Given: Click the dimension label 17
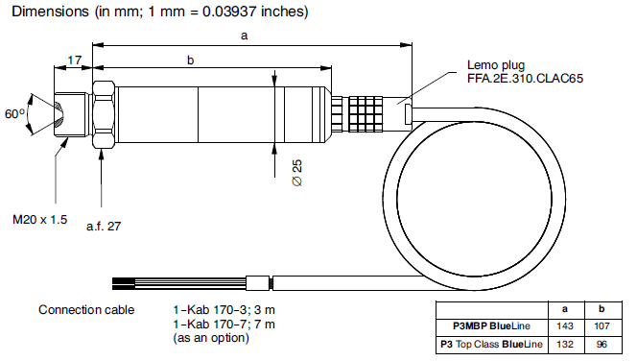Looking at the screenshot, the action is pyautogui.click(x=74, y=60).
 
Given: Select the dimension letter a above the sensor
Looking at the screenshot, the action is pyautogui.click(x=245, y=36).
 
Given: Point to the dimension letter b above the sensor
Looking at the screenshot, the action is pyautogui.click(x=191, y=60).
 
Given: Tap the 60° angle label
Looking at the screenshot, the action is pyautogui.click(x=14, y=113).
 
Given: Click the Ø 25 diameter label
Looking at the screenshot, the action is pyautogui.click(x=297, y=173).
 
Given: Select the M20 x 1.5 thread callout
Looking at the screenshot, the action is pyautogui.click(x=40, y=220).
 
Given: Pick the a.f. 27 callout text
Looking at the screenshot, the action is pyautogui.click(x=104, y=226).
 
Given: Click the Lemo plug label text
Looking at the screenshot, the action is pyautogui.click(x=496, y=65).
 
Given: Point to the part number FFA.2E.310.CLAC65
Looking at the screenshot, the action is pyautogui.click(x=526, y=78).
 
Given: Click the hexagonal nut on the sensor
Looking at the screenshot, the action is pyautogui.click(x=104, y=114).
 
